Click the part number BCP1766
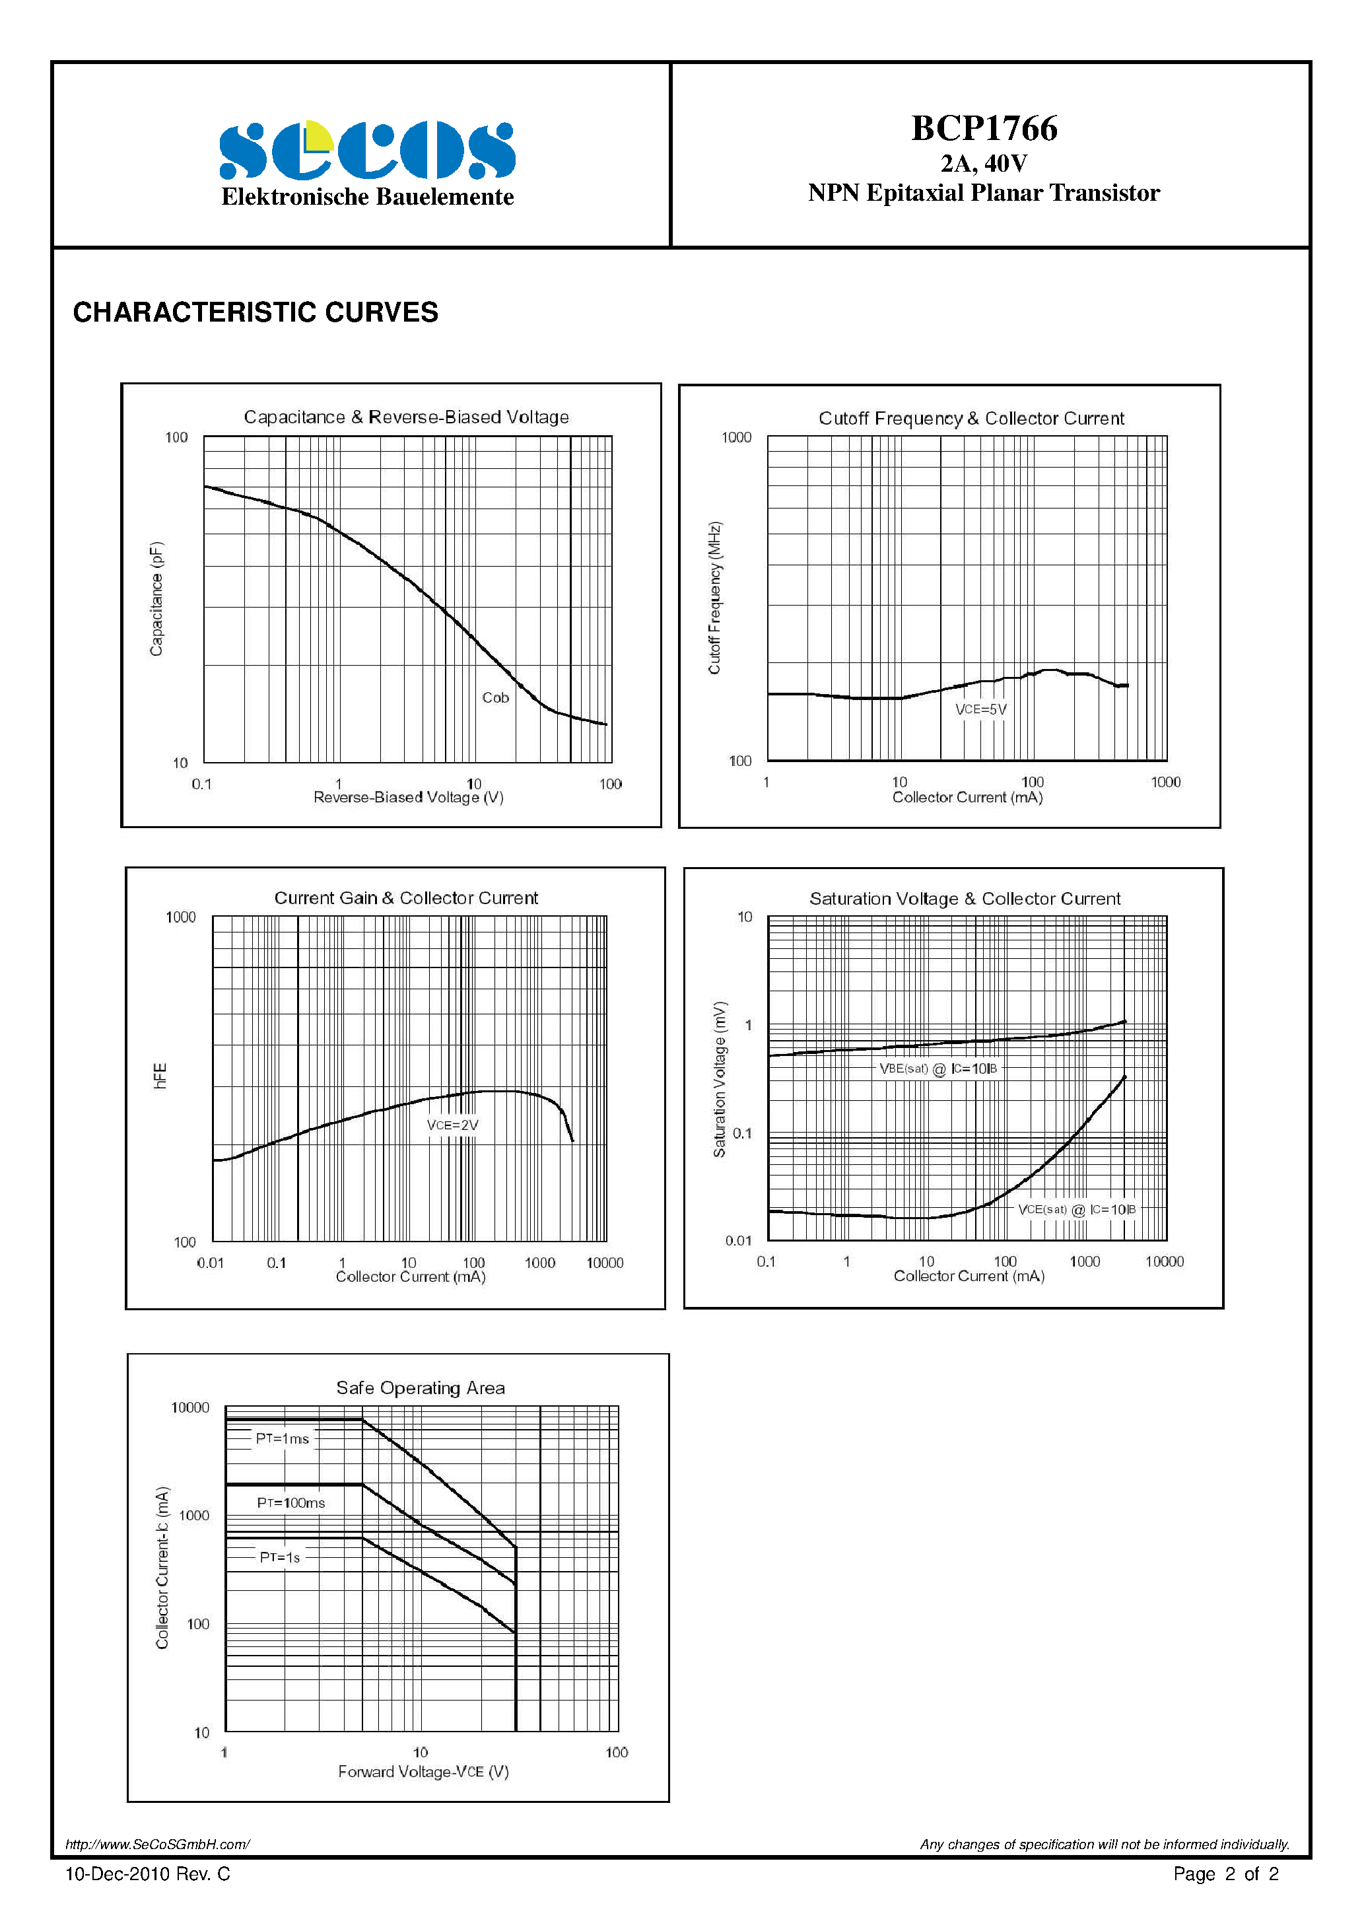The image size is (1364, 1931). (x=984, y=129)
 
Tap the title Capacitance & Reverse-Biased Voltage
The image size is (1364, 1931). (x=406, y=417)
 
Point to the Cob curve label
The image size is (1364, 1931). (x=495, y=697)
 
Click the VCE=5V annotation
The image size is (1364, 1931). (x=980, y=709)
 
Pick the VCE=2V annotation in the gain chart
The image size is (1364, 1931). (x=452, y=1125)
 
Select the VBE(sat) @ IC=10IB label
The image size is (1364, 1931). (x=938, y=1068)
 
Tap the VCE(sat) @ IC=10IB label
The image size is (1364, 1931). (x=1076, y=1209)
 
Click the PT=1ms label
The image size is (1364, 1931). (x=283, y=1439)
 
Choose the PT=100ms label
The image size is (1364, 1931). (x=291, y=1503)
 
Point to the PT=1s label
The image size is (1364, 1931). (x=280, y=1558)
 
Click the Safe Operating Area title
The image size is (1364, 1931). (x=421, y=1387)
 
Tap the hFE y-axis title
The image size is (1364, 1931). (x=160, y=1076)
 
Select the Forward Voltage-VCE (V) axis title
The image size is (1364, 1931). (x=423, y=1771)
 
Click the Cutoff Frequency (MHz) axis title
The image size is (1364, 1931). (x=715, y=598)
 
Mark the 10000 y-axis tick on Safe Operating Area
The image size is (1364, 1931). (x=190, y=1408)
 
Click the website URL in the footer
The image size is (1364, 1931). (x=157, y=1844)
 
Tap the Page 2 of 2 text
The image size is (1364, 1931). (x=1225, y=1874)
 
